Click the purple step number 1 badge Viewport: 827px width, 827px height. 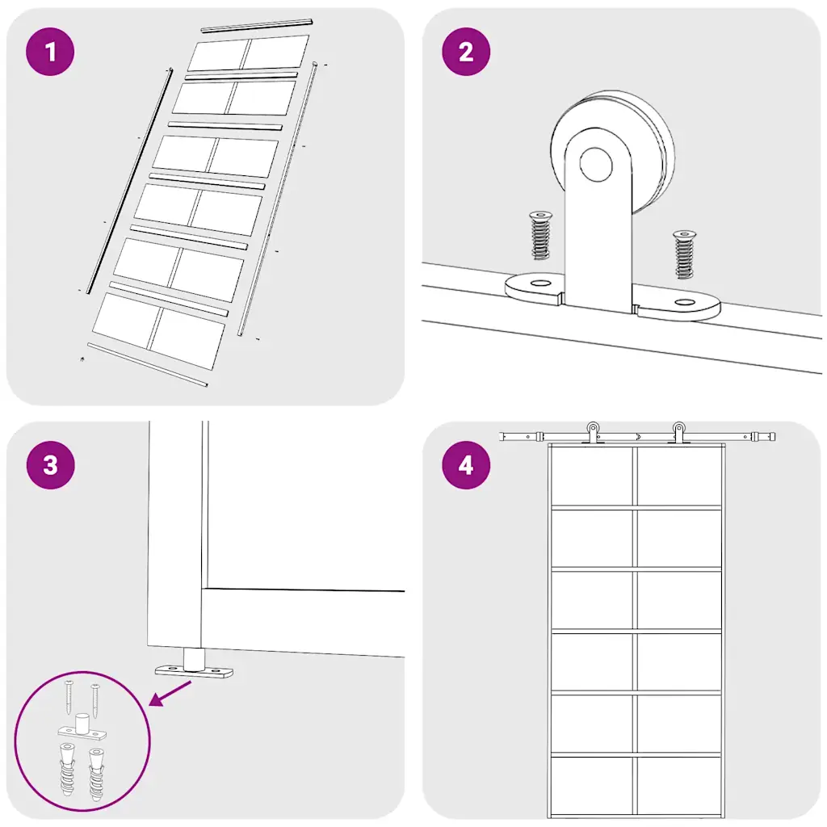[50, 52]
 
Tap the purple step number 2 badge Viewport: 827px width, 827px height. [466, 52]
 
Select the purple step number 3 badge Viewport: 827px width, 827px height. [50, 464]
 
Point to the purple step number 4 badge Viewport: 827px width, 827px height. [466, 464]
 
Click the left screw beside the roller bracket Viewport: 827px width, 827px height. [540, 235]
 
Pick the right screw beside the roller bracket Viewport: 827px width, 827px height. [685, 254]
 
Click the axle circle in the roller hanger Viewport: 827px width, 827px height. [596, 164]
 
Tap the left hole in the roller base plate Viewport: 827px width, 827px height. [539, 283]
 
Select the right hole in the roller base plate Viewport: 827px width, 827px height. [685, 302]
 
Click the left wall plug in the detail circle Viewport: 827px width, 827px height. [68, 769]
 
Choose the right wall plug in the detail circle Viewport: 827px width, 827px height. [97, 774]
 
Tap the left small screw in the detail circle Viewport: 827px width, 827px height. [69, 697]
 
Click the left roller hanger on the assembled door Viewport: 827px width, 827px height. [594, 432]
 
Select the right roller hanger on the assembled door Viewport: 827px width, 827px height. [678, 432]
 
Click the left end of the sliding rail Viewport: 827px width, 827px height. [501, 437]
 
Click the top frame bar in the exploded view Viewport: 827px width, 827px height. [257, 26]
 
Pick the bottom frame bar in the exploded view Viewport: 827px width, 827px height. [147, 364]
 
